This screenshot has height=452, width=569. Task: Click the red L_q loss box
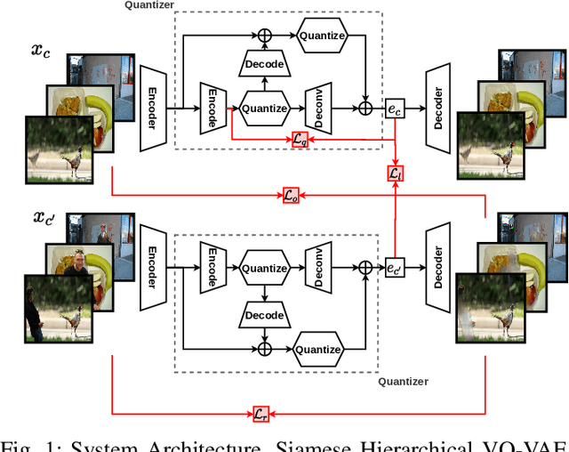301,139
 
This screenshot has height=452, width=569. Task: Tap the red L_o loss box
292,195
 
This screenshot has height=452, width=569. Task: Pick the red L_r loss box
260,413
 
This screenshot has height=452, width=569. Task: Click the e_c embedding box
394,109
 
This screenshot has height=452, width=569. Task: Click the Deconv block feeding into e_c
318,109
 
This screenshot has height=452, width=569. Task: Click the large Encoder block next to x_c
153,109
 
